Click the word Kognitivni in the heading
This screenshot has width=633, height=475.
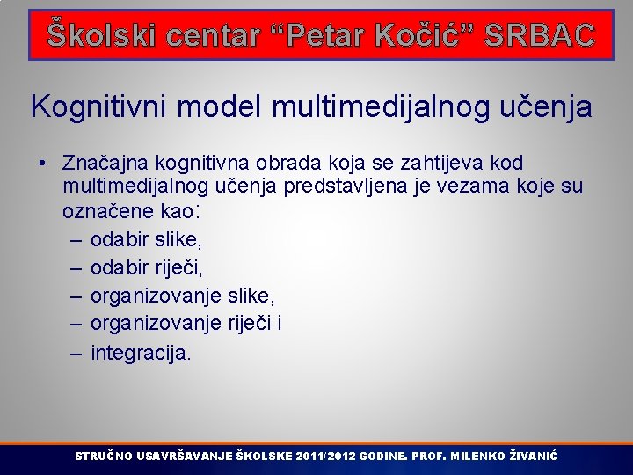98,107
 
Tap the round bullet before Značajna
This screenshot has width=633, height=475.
42,164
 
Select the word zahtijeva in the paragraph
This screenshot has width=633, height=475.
436,163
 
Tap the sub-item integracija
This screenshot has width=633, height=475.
140,354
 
